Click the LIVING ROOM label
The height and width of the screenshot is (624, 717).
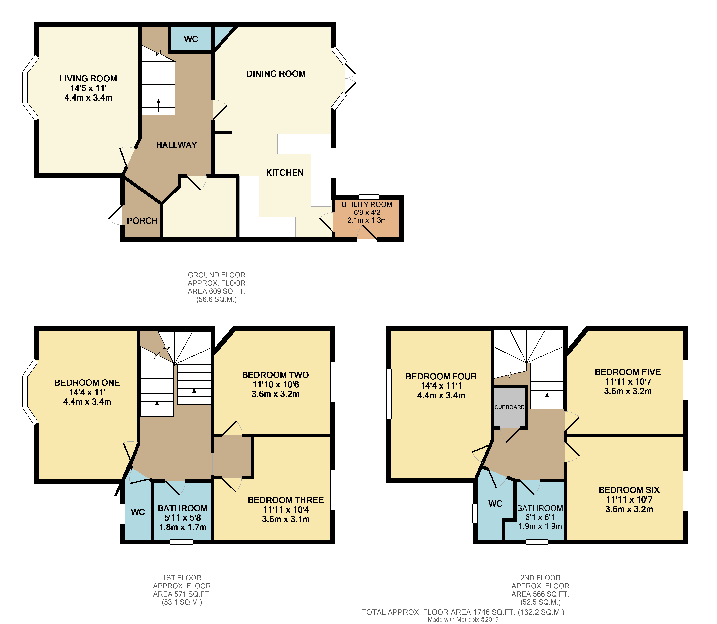click(88, 79)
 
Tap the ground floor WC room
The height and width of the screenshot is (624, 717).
click(191, 39)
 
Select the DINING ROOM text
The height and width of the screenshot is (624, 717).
click(276, 74)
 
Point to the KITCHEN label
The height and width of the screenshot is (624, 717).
click(284, 173)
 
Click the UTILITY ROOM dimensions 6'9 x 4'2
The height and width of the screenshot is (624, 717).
click(367, 212)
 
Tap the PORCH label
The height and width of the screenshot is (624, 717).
click(142, 221)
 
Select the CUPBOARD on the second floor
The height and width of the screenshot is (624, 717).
click(509, 407)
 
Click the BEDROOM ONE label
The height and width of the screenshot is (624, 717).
click(87, 383)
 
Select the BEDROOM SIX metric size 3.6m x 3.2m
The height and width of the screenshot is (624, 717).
click(629, 509)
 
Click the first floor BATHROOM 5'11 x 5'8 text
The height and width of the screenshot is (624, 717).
click(182, 518)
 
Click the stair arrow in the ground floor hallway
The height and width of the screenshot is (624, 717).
click(158, 105)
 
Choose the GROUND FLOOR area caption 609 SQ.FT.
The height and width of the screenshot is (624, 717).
click(216, 291)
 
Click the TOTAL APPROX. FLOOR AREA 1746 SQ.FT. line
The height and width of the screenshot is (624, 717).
click(463, 612)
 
